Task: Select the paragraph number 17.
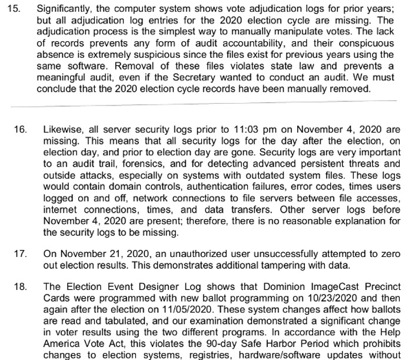pos(20,254)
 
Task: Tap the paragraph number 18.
pos(20,287)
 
